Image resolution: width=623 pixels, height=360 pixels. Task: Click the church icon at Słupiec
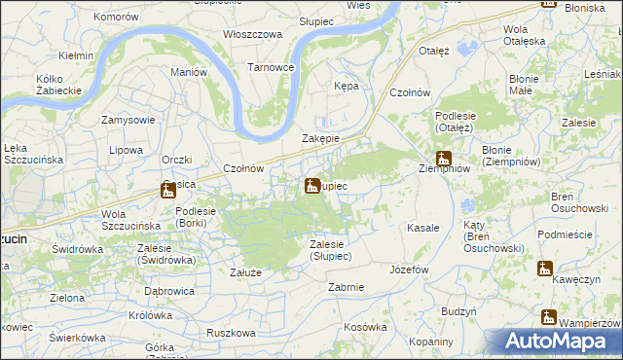pos(311,185)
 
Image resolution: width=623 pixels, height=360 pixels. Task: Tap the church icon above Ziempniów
pos(444,159)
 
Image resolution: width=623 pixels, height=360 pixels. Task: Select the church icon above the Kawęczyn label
pos(544,269)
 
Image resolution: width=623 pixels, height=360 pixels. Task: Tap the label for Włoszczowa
pos(252,33)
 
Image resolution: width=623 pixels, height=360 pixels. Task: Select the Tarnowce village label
pos(270,67)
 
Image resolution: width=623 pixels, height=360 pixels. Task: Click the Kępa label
pos(346,86)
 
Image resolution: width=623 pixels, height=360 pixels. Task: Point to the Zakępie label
pos(320,138)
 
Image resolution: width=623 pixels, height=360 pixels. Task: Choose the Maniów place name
pos(189,72)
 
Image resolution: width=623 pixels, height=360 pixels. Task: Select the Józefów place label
pos(409,270)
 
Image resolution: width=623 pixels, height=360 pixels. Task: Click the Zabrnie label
pos(347,287)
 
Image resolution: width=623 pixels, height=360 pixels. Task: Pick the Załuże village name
pos(245,272)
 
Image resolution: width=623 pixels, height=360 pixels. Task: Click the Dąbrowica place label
pos(171,290)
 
